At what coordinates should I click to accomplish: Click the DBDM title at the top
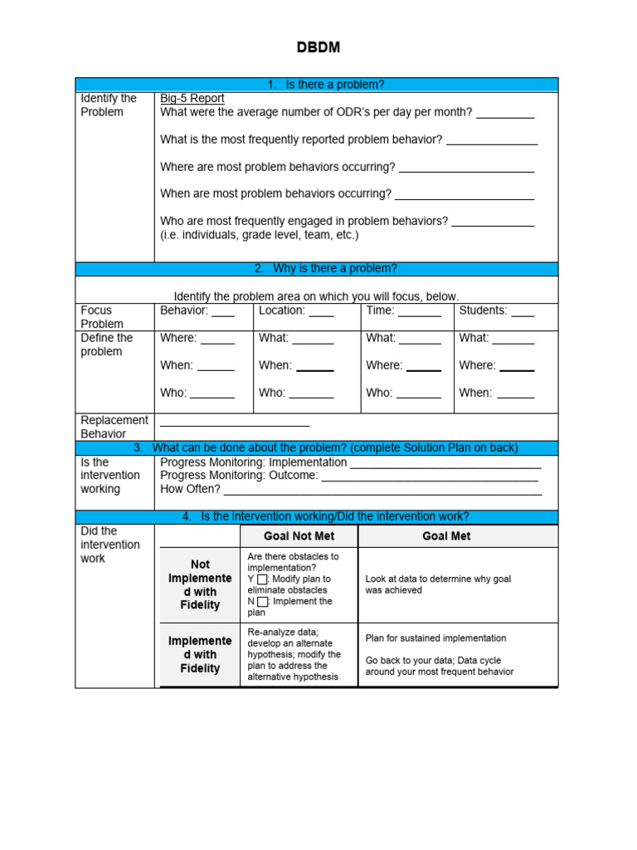(x=318, y=48)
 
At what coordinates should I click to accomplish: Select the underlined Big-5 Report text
(x=192, y=98)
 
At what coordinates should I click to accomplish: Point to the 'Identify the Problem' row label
(x=109, y=105)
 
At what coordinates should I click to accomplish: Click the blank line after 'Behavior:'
(x=223, y=314)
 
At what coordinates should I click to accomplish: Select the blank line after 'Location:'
(x=321, y=314)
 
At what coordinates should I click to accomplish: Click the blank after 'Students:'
(x=523, y=314)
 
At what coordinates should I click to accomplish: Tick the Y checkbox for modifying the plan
(x=262, y=579)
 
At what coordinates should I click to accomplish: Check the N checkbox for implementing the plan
(x=262, y=602)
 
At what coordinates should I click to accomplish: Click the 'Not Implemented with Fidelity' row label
(x=199, y=585)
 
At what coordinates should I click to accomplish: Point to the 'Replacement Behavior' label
(x=114, y=427)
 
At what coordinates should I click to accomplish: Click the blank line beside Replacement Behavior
(x=235, y=423)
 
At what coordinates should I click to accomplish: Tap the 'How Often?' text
(x=190, y=490)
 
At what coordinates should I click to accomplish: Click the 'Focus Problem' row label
(x=102, y=317)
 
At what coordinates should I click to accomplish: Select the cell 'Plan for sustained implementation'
(x=435, y=638)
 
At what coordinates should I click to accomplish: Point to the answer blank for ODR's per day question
(x=505, y=115)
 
